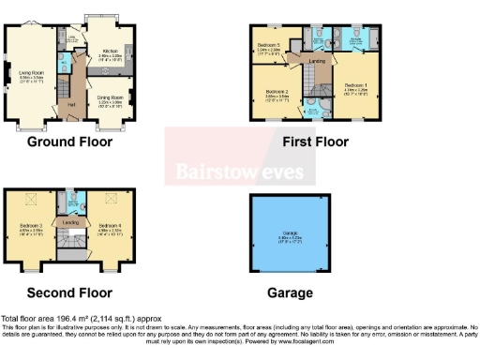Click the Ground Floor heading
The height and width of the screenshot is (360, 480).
pos(69,142)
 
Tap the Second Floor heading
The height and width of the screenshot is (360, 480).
pos(69,292)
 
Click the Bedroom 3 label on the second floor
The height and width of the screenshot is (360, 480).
pos(31,226)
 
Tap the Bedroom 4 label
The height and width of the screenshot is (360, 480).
pos(110,226)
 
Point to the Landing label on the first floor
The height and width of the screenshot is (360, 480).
pos(316,61)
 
